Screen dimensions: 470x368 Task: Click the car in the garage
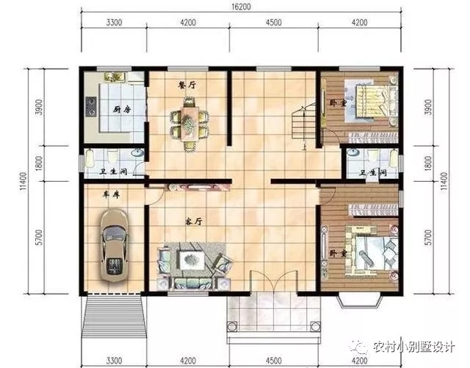(115, 246)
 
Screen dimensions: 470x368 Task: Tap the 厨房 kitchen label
(122, 110)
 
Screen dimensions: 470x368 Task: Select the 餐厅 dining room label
(187, 85)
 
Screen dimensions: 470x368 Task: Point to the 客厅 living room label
(193, 222)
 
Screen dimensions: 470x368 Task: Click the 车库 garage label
(111, 195)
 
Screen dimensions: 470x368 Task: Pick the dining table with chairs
(189, 123)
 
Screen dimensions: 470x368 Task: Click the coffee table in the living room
(192, 260)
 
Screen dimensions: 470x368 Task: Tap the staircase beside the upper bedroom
(303, 121)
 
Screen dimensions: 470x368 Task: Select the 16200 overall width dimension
(241, 7)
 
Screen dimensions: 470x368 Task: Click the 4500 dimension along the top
(273, 23)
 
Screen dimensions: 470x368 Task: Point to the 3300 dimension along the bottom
(115, 360)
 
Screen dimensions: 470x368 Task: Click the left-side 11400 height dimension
(23, 183)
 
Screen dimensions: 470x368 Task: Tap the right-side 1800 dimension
(429, 163)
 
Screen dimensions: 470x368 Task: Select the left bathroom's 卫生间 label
(113, 171)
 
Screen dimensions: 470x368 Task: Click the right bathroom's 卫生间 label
(373, 173)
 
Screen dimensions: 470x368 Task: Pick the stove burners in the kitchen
(90, 106)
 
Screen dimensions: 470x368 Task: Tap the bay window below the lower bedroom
(360, 301)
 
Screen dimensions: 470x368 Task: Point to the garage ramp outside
(115, 316)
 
